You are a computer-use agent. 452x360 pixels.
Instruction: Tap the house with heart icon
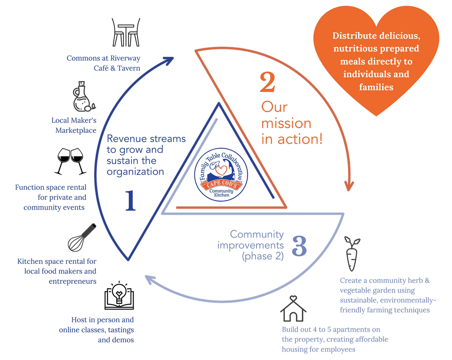point(293,309)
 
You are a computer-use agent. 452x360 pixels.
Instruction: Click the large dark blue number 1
point(130,201)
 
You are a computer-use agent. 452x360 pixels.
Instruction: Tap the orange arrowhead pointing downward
point(348,185)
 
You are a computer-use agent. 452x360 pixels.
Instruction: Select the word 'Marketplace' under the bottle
point(76,130)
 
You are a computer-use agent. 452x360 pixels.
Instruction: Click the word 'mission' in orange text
point(286,123)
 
